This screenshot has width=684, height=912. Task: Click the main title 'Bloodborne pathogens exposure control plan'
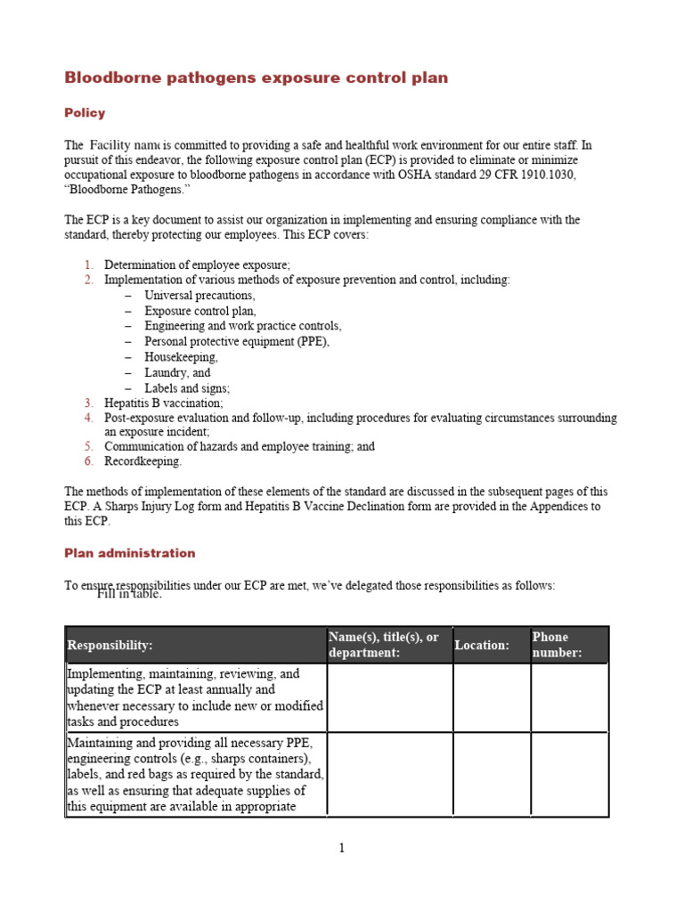(x=256, y=78)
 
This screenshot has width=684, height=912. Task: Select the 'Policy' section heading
(x=85, y=113)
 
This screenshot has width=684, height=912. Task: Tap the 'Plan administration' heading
(x=129, y=553)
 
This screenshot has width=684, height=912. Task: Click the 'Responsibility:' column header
(x=110, y=645)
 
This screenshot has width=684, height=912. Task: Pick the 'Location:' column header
(x=482, y=645)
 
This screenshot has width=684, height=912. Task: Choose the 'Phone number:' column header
(x=557, y=645)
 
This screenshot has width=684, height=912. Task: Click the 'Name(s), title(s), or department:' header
(x=384, y=645)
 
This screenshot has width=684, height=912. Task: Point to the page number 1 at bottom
(x=341, y=848)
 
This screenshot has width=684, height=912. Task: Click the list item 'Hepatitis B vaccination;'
(x=164, y=403)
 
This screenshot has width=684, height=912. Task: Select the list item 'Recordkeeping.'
(x=142, y=461)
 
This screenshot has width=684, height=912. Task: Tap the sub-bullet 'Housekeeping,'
(x=181, y=357)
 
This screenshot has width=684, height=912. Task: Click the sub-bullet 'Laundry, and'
(x=177, y=373)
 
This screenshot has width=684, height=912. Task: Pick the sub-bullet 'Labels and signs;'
(x=187, y=388)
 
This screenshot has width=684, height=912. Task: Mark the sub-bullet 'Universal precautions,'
(x=199, y=295)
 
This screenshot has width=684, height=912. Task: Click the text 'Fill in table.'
(x=129, y=594)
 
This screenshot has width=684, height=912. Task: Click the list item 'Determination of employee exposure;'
(x=197, y=265)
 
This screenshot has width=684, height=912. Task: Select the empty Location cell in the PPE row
(x=492, y=774)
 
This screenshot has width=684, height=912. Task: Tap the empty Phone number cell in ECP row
(x=569, y=697)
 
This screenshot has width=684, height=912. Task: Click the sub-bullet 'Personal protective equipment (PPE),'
(x=237, y=342)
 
